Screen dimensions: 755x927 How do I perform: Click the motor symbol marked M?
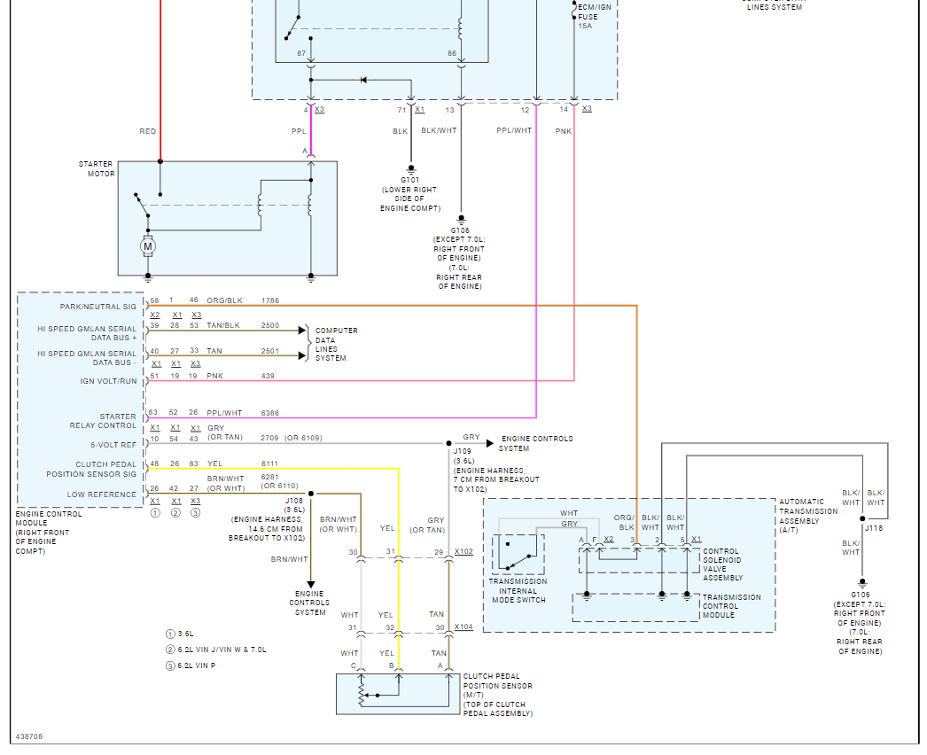(x=149, y=245)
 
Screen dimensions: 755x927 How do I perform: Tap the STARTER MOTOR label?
(x=97, y=169)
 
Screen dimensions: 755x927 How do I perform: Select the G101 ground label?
(x=410, y=180)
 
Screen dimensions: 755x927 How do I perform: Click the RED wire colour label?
(x=147, y=131)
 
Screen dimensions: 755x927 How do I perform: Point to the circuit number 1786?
(x=270, y=301)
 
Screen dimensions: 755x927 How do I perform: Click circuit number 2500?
(x=270, y=326)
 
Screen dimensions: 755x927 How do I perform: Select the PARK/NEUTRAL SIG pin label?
(x=98, y=307)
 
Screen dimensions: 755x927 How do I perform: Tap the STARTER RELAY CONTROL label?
(x=105, y=421)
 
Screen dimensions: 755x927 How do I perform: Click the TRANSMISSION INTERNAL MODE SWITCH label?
(x=518, y=591)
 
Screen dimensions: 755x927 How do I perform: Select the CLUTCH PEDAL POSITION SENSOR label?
(x=498, y=681)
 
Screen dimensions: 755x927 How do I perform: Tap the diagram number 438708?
(x=29, y=736)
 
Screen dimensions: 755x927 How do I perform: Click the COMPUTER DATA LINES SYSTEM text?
(x=337, y=344)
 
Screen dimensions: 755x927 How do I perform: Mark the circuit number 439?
(x=268, y=377)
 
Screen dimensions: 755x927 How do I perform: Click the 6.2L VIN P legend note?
(x=197, y=665)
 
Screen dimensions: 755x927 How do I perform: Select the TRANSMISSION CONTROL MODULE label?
(x=731, y=606)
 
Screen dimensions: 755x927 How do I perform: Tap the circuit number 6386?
(x=270, y=413)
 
